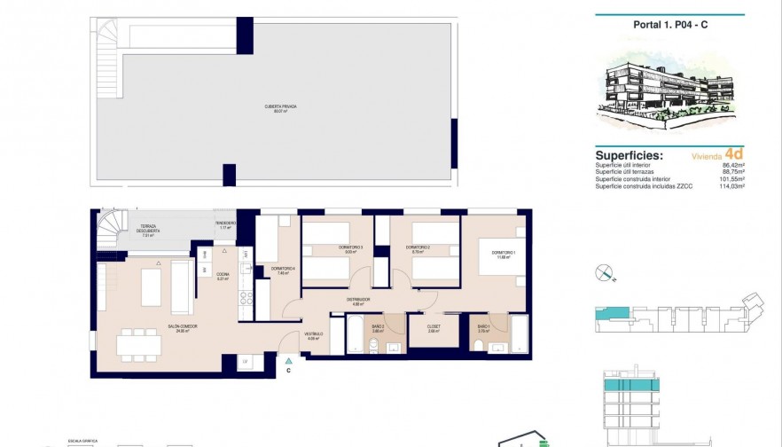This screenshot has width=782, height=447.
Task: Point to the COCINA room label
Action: tap(223, 275)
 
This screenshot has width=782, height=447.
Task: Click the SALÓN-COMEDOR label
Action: tap(182, 327)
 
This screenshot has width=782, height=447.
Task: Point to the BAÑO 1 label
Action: tap(483, 327)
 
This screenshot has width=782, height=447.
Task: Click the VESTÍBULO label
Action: tap(312, 334)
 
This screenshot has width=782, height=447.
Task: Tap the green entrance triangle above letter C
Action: tap(288, 360)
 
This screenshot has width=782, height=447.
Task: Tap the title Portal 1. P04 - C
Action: tap(669, 25)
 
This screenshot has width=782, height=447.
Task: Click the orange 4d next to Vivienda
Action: tap(732, 153)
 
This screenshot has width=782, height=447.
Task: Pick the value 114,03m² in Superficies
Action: tap(731, 186)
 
